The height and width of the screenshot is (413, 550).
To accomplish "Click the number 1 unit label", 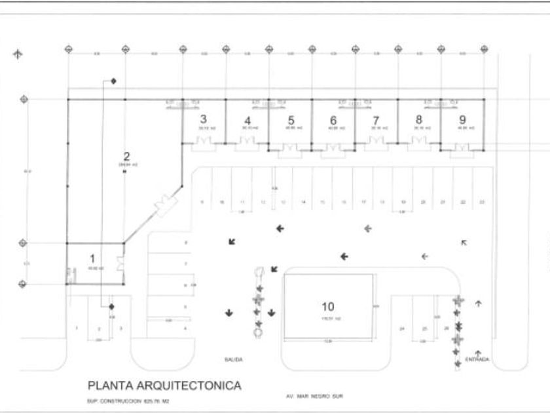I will (x=92, y=258).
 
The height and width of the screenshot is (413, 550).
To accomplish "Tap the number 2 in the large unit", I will (x=127, y=156).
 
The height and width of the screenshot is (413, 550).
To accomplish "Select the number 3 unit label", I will (x=204, y=119).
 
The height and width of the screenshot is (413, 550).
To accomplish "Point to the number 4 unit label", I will (x=247, y=120).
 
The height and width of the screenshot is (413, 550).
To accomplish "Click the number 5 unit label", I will (x=291, y=120).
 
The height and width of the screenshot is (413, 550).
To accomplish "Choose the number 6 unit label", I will (x=333, y=120).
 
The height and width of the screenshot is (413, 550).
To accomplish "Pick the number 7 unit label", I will (x=376, y=120).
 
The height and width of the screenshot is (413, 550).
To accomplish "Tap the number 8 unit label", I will (x=419, y=120).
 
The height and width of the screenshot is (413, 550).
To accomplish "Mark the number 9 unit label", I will (x=462, y=120).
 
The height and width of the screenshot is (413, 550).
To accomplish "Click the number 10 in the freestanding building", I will (x=329, y=306).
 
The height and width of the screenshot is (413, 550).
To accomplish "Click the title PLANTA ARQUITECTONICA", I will (x=164, y=385).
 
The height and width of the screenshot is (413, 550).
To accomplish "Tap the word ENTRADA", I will (x=476, y=359).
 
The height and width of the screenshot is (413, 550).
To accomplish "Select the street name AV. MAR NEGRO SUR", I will (x=314, y=397).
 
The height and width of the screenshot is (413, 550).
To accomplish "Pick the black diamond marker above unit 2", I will (x=113, y=81).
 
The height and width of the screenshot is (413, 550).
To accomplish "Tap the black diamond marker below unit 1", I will (x=111, y=306).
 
